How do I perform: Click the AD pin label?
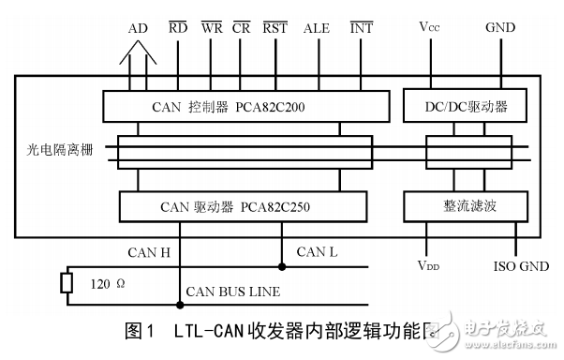tap(137, 29)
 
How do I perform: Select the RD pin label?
tap(178, 29)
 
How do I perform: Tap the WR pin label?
tap(212, 29)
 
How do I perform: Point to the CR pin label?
tap(242, 29)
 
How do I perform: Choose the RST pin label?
tap(275, 29)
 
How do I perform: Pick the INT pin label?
tap(361, 29)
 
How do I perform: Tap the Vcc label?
tap(430, 29)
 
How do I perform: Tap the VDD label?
tap(428, 265)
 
